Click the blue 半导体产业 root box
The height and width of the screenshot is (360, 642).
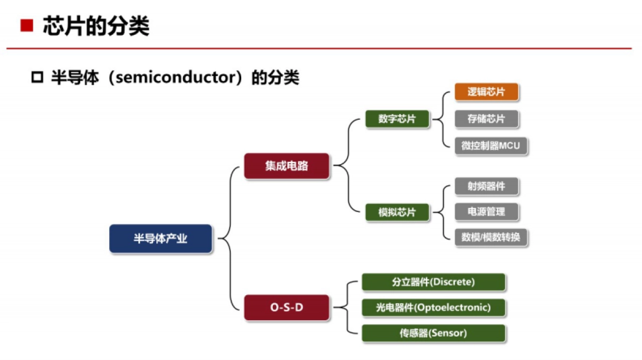(x=160, y=239)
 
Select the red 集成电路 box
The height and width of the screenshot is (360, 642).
(x=286, y=166)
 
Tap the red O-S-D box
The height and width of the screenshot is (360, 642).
(x=286, y=308)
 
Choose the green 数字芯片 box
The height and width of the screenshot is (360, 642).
(x=397, y=119)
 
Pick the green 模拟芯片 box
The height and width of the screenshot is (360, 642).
(x=397, y=212)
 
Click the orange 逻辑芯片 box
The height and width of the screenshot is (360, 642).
(x=486, y=92)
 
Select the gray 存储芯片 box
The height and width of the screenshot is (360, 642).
(x=486, y=119)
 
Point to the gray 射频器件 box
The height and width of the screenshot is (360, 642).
(x=486, y=186)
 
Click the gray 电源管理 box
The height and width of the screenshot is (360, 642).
(x=486, y=212)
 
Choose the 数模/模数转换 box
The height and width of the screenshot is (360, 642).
(x=491, y=238)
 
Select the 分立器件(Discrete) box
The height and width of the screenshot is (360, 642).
(x=433, y=282)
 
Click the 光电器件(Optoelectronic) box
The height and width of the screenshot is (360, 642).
(x=433, y=308)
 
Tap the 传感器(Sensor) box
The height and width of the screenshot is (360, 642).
(x=433, y=333)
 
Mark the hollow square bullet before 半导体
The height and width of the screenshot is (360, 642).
(x=37, y=78)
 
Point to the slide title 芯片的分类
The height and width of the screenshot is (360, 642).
(x=96, y=26)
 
